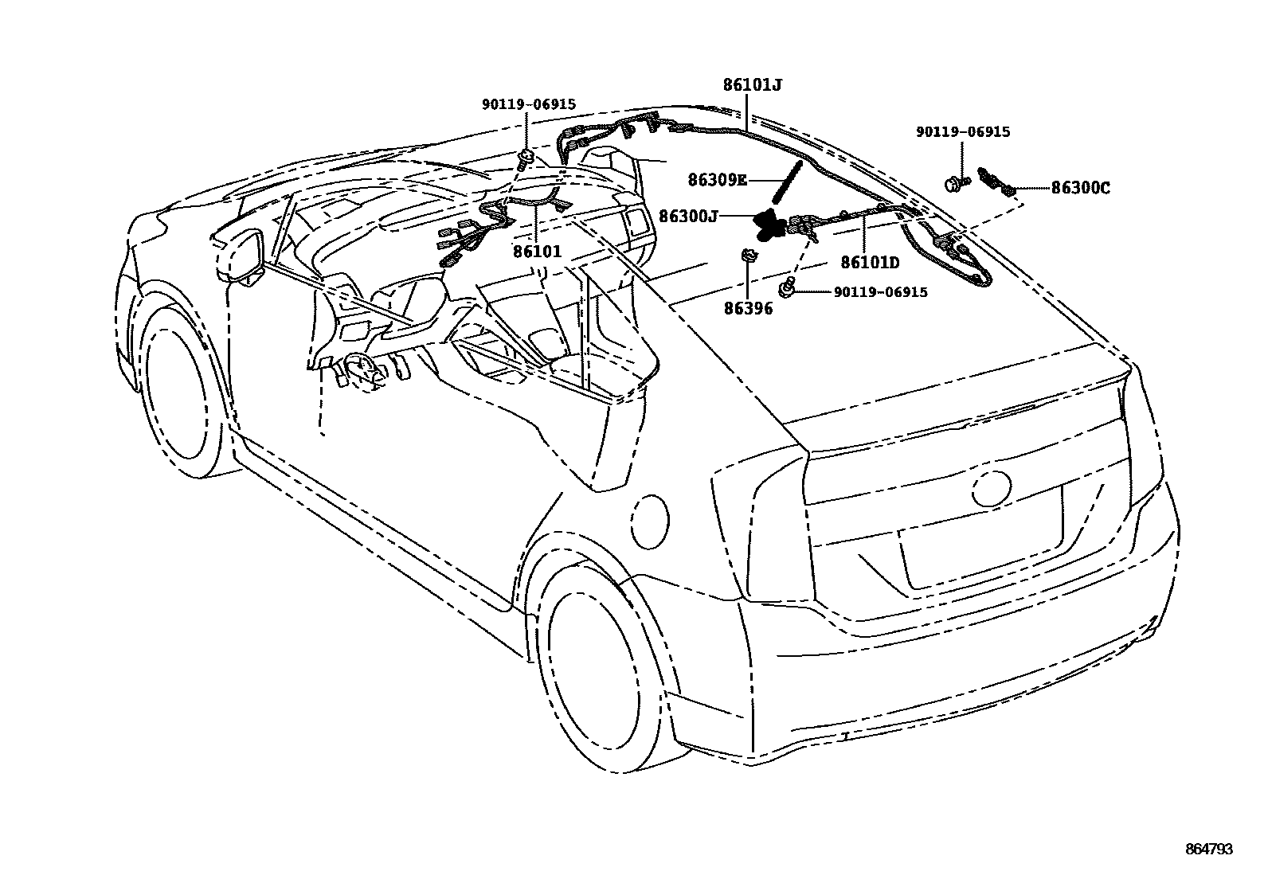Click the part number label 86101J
753,84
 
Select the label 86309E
717,182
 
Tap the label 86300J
689,215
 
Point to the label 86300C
1081,189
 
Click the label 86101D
870,263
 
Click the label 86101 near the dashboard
537,252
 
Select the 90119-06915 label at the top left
528,104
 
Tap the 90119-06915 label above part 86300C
962,132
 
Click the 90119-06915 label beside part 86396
880,292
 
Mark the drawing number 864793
1207,850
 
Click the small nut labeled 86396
749,256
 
